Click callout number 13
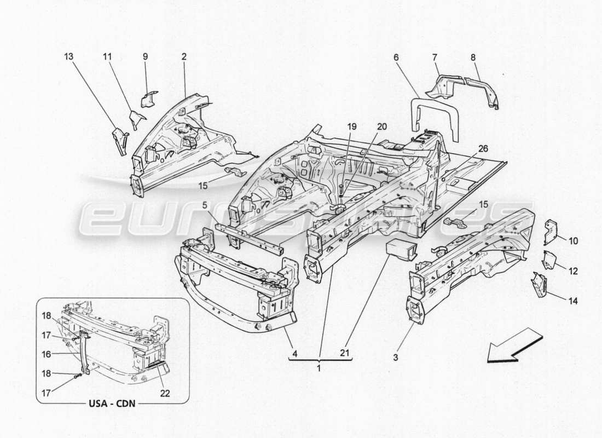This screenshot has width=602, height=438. pyautogui.click(x=68, y=56)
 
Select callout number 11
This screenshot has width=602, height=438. pyautogui.click(x=107, y=56)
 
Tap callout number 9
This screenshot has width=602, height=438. pyautogui.click(x=146, y=56)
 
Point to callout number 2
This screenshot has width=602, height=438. pyautogui.click(x=184, y=56)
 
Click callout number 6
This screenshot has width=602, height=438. pyautogui.click(x=396, y=56)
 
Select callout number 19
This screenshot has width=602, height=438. pyautogui.click(x=351, y=127)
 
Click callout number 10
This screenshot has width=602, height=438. pyautogui.click(x=573, y=240)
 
